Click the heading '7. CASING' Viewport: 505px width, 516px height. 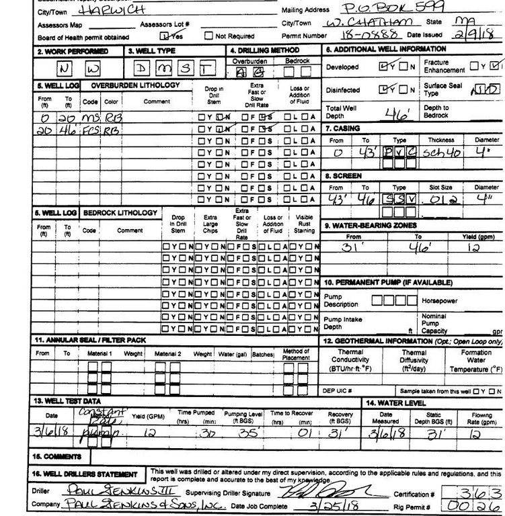(x=344, y=128)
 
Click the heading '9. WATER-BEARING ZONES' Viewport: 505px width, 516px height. (x=371, y=225)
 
